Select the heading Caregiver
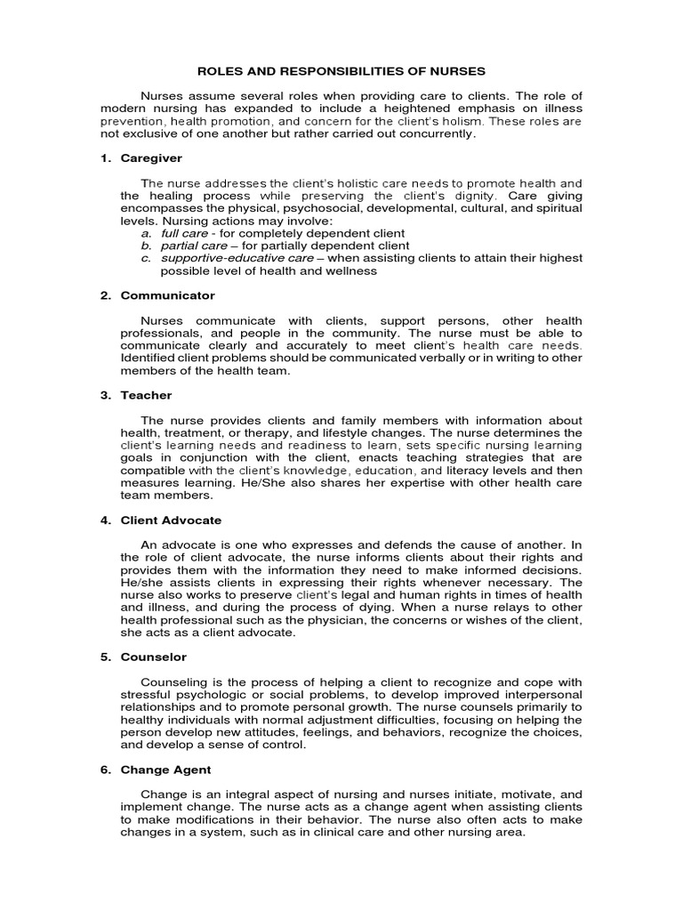coord(151,157)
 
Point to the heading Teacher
coord(147,395)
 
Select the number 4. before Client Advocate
coord(103,520)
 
